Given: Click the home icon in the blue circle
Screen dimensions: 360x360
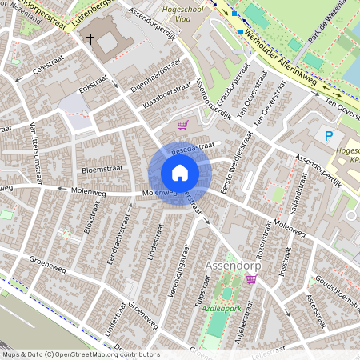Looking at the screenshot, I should click(180, 173).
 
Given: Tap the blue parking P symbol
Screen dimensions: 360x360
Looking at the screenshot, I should click(328, 136).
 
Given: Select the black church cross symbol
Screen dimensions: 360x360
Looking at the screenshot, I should click(90, 38).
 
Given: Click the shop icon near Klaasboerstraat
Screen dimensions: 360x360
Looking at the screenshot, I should click(183, 124).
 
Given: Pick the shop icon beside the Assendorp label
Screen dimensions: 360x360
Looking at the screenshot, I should click(251, 279).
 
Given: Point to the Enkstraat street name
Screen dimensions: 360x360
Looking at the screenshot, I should click(94, 83).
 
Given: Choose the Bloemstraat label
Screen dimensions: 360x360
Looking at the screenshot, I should click(100, 170).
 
